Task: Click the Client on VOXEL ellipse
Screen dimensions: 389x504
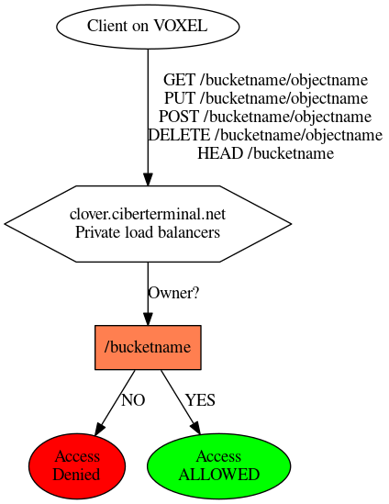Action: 148,27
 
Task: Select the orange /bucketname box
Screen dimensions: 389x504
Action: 148,347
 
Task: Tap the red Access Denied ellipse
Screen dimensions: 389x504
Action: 77,465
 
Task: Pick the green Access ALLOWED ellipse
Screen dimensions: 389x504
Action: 219,465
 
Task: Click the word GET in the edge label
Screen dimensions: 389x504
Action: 179,80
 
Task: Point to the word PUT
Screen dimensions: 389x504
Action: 180,98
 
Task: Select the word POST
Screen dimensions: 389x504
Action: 179,117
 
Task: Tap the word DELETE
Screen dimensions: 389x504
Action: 179,135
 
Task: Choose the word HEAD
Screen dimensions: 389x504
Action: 220,153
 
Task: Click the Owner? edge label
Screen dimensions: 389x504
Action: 173,293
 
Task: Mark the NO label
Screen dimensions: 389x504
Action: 133,400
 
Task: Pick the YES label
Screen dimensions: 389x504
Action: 200,400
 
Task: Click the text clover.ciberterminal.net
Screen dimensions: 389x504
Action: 148,214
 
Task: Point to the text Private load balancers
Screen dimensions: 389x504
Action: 148,232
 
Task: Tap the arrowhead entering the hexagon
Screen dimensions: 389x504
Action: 148,179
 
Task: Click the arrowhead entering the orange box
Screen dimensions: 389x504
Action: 148,319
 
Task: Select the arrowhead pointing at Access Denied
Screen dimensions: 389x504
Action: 99,429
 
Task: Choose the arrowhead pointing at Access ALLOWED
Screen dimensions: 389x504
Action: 195,428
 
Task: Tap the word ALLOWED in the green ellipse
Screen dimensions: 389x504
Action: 219,475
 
